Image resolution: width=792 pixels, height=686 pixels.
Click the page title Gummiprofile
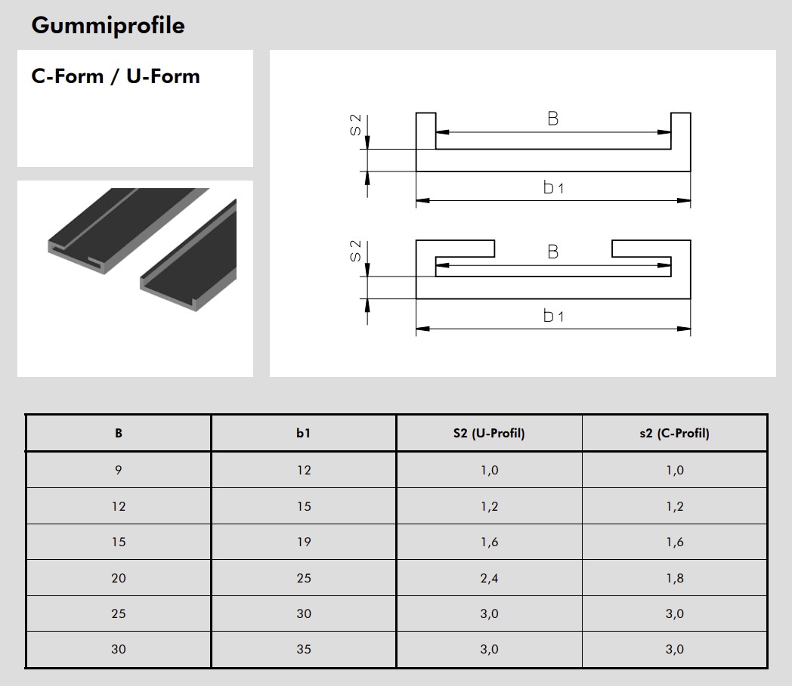[x=107, y=26]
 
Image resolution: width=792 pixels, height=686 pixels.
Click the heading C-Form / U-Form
[x=116, y=76]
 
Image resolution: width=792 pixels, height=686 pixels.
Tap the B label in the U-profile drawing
[x=553, y=119]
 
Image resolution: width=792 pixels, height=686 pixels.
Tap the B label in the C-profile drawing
[x=553, y=252]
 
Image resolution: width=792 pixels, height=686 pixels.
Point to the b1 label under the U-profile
[x=553, y=187]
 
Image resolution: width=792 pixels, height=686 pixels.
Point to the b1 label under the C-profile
[x=553, y=316]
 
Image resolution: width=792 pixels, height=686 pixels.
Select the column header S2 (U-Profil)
[x=489, y=434]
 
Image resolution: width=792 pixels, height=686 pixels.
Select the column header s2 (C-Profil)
[x=674, y=434]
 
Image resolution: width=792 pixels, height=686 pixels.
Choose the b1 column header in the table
[x=303, y=434]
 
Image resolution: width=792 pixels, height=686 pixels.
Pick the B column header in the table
[x=119, y=434]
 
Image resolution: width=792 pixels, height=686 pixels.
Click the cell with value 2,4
[x=489, y=578]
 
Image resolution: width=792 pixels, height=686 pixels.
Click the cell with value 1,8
[x=674, y=578]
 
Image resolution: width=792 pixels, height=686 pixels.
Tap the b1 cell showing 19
[x=303, y=542]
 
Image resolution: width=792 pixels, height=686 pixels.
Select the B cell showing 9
[x=119, y=470]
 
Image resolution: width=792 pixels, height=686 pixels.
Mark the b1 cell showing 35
[x=303, y=649]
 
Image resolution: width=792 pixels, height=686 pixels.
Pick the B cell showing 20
[x=119, y=578]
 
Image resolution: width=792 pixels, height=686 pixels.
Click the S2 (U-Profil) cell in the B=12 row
[x=489, y=506]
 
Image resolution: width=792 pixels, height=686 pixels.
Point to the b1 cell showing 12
[x=303, y=470]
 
